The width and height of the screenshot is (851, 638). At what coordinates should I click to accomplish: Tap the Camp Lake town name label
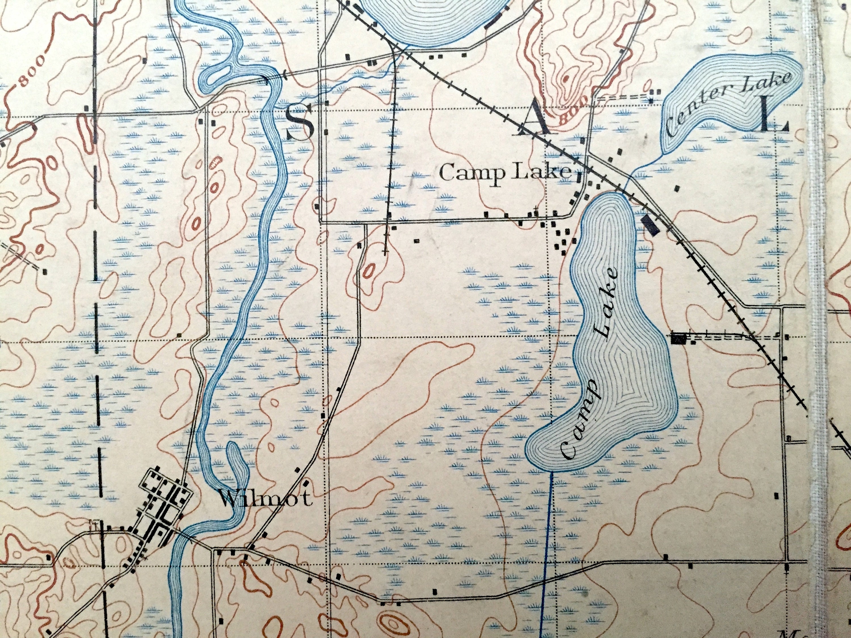coord(505,173)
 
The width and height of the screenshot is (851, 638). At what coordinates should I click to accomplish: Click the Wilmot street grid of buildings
coord(162,504)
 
